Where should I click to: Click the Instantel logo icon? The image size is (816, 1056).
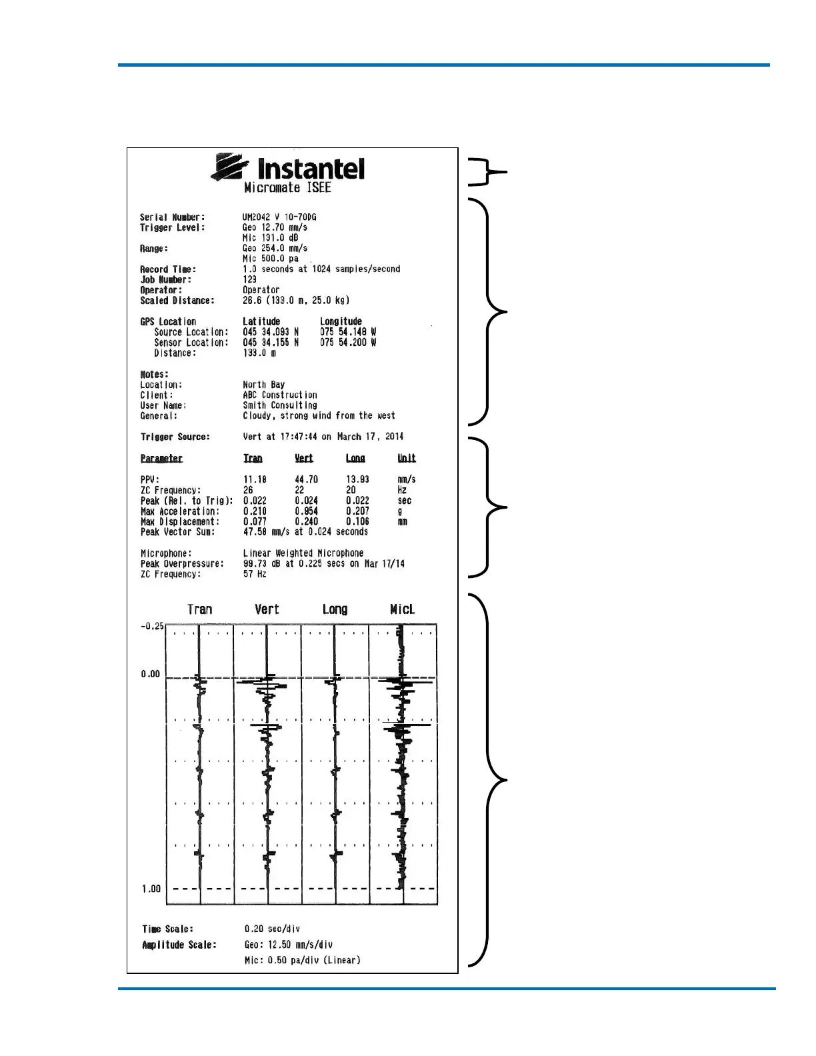230,167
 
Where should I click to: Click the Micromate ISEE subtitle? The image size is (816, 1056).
287,188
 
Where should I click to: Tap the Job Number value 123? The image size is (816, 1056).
249,280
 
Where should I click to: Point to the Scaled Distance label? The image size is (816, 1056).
177,301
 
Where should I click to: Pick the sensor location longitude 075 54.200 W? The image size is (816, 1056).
348,343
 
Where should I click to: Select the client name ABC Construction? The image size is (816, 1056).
280,395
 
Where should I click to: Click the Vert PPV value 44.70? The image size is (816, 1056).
306,479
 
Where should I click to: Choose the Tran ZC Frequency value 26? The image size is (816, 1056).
248,490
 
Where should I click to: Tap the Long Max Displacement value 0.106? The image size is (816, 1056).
357,522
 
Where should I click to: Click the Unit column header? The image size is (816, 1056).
407,459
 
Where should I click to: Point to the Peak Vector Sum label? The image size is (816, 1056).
177,532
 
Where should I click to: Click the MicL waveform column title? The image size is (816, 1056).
402,609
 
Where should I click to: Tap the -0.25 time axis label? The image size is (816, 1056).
152,627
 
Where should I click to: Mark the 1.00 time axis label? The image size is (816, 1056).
151,889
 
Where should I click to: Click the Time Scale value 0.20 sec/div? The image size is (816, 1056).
272,929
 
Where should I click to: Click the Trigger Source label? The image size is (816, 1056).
175,437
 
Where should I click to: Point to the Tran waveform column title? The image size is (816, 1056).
199,609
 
